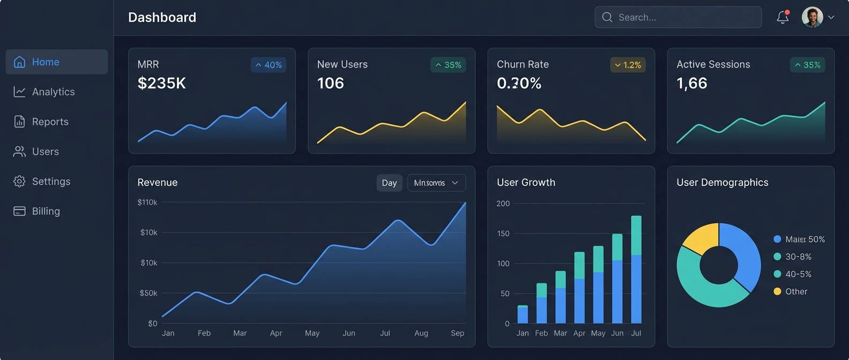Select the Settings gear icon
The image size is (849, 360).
pos(19,181)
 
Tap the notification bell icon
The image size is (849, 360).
pos(783,17)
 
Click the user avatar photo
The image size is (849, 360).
pos(812,17)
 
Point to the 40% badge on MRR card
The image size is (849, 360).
pos(269,65)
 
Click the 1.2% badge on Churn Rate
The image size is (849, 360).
pos(628,65)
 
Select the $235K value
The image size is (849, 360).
pos(162,83)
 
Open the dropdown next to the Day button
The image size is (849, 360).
pos(436,183)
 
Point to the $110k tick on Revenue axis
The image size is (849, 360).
pos(147,202)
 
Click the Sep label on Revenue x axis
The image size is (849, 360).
pos(457,333)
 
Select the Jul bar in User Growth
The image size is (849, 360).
pos(636,270)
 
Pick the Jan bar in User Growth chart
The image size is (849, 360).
pos(523,314)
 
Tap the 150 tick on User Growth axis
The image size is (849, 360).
pos(503,234)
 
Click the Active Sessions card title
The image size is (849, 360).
pos(713,64)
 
